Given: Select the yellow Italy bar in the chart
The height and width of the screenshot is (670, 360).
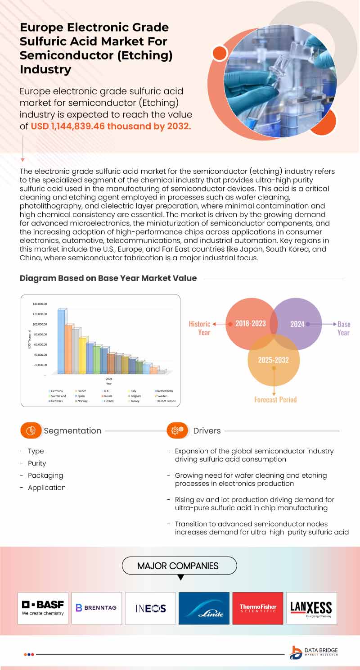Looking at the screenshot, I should click(83, 355).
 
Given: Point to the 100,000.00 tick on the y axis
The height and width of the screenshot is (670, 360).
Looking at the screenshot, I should click(40, 324).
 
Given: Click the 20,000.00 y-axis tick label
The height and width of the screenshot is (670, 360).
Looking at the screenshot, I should click(40, 365).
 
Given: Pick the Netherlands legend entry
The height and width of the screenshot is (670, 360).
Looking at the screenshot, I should click(163, 391).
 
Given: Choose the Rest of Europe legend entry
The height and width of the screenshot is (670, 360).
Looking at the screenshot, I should click(165, 401).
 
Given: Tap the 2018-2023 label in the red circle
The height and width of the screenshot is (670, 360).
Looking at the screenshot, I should click(250, 324).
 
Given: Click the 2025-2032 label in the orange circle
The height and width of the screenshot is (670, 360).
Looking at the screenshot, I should click(273, 360).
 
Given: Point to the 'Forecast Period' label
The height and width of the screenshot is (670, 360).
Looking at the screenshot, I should click(275, 399).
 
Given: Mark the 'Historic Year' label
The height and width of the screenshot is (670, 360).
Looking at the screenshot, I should click(200, 328).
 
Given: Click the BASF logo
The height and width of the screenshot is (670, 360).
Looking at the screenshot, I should click(43, 608).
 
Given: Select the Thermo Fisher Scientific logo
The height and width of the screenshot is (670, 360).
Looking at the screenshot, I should click(258, 608).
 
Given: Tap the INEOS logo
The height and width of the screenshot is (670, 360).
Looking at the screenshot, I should click(150, 608).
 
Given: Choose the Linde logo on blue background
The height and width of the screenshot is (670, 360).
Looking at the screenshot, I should click(204, 608).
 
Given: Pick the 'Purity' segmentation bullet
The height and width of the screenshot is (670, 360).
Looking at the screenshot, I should click(37, 463).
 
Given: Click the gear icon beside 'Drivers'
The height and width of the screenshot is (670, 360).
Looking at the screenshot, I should click(175, 430).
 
